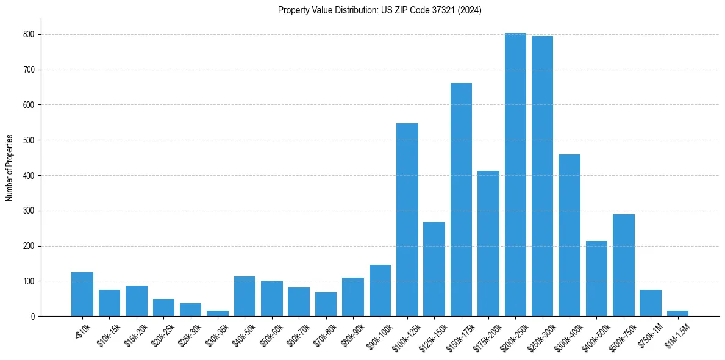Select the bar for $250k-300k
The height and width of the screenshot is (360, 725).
542,176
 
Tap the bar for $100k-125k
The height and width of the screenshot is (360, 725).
407,220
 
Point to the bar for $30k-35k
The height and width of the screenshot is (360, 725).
218,314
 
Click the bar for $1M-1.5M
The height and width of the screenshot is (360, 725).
677,314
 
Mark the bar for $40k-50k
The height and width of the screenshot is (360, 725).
245,297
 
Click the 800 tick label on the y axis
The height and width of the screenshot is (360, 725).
29,35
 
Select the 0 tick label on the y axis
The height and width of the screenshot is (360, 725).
33,317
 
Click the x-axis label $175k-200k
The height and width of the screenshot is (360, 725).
487,334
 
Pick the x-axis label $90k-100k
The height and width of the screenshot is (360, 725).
379,334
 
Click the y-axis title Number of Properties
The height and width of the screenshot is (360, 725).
10,168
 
